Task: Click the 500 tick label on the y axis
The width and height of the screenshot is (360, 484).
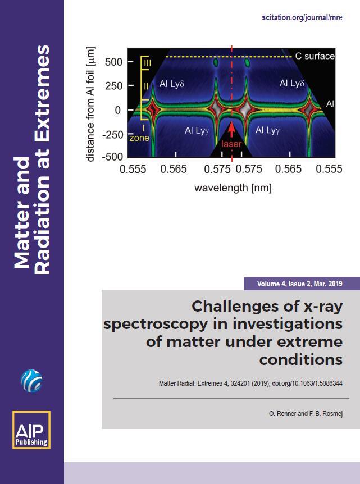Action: click(x=113, y=62)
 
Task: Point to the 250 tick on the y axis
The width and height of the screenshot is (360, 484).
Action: click(x=131, y=85)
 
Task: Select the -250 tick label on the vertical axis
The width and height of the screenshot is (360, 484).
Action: click(x=112, y=135)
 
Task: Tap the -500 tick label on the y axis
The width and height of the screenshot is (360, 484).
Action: click(x=112, y=157)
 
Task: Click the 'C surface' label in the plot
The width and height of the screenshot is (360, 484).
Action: click(x=315, y=56)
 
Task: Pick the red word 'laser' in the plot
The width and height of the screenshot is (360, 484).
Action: click(x=231, y=144)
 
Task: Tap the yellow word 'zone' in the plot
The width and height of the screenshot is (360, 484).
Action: click(x=139, y=138)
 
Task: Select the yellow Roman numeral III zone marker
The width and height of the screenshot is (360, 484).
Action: click(x=147, y=63)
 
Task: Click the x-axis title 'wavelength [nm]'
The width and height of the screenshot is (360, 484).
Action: click(x=233, y=188)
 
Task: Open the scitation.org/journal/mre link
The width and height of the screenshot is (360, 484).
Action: click(x=302, y=17)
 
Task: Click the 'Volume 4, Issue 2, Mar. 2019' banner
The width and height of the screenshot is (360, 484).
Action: click(x=299, y=284)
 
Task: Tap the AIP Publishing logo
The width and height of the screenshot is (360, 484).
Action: click(x=31, y=430)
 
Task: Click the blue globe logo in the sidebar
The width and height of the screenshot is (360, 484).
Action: click(x=31, y=381)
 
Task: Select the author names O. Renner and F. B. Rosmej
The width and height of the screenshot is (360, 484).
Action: click(x=306, y=414)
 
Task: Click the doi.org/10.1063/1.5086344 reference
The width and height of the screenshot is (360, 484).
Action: click(x=307, y=383)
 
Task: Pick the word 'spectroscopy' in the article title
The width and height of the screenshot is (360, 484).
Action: click(x=156, y=324)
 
